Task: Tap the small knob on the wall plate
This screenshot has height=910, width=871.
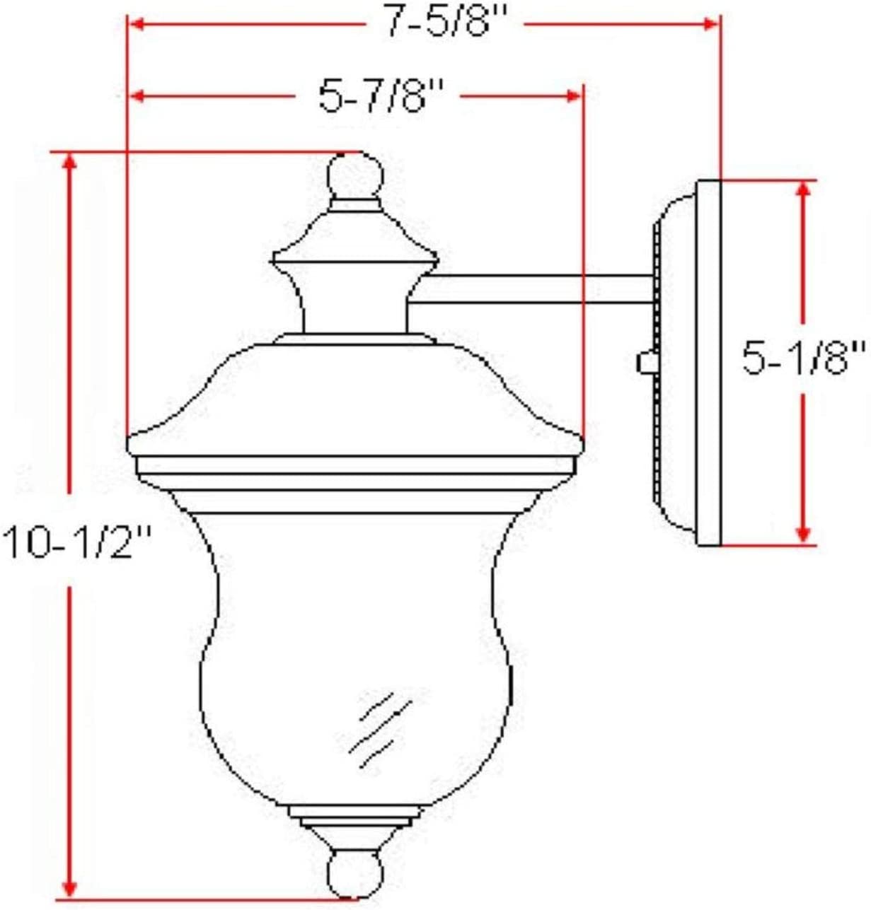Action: [645, 362]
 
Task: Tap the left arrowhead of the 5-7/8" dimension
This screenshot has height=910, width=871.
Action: [136, 95]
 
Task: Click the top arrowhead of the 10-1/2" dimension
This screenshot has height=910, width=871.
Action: [69, 161]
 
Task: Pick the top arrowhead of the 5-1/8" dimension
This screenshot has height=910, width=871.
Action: [802, 189]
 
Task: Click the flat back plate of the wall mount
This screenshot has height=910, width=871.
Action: [708, 362]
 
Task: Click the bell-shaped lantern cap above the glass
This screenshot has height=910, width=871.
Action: [354, 396]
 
